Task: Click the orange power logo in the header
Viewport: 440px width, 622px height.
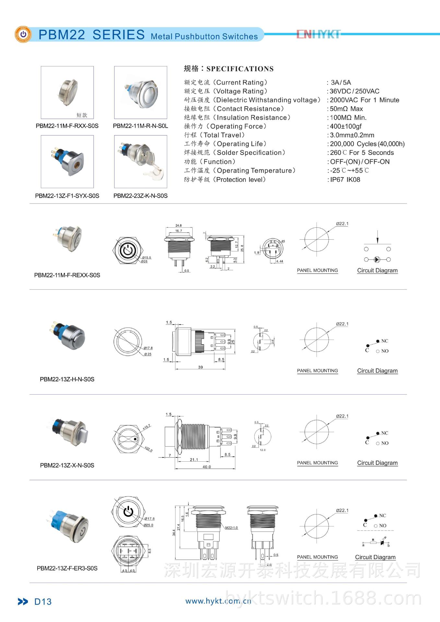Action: [x=23, y=34]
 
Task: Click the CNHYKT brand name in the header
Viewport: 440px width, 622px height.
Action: [x=318, y=34]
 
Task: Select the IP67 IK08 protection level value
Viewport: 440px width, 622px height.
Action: [x=345, y=179]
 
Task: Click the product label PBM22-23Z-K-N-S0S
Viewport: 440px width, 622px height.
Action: [x=140, y=196]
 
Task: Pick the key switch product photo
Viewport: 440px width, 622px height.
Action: [x=141, y=161]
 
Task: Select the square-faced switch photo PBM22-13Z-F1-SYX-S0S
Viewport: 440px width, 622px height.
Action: [x=67, y=161]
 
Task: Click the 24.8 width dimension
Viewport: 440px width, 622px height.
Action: [x=179, y=225]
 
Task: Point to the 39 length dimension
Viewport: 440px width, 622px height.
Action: [x=200, y=367]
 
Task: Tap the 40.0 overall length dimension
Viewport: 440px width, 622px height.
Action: [x=207, y=467]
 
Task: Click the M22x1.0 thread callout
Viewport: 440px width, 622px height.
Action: [x=232, y=528]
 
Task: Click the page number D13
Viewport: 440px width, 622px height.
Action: [x=43, y=602]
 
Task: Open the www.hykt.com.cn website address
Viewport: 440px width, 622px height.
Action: [x=218, y=601]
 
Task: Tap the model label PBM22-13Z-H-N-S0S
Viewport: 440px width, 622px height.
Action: [x=67, y=379]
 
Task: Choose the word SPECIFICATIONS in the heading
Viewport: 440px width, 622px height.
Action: [x=240, y=69]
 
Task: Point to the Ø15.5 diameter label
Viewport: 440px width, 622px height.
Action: [x=147, y=258]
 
